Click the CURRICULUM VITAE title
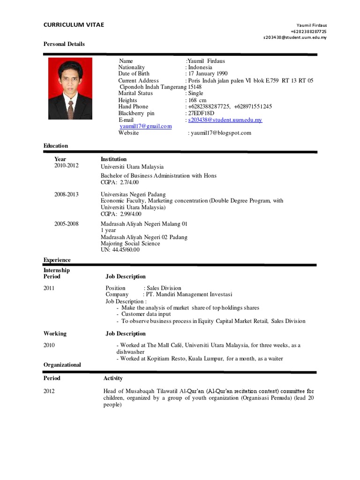coord(74,24)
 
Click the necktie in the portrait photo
coord(70,110)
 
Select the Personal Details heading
coord(64,44)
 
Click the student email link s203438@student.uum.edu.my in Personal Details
coord(225,120)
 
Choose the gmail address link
coord(145,127)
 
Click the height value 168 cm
coord(197,100)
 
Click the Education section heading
coord(56,146)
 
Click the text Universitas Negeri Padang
coord(133,194)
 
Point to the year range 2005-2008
coord(67,224)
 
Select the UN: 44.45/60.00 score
coord(120,250)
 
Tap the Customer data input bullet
coord(146,314)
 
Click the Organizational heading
coord(62,365)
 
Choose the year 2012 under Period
coord(49,391)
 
